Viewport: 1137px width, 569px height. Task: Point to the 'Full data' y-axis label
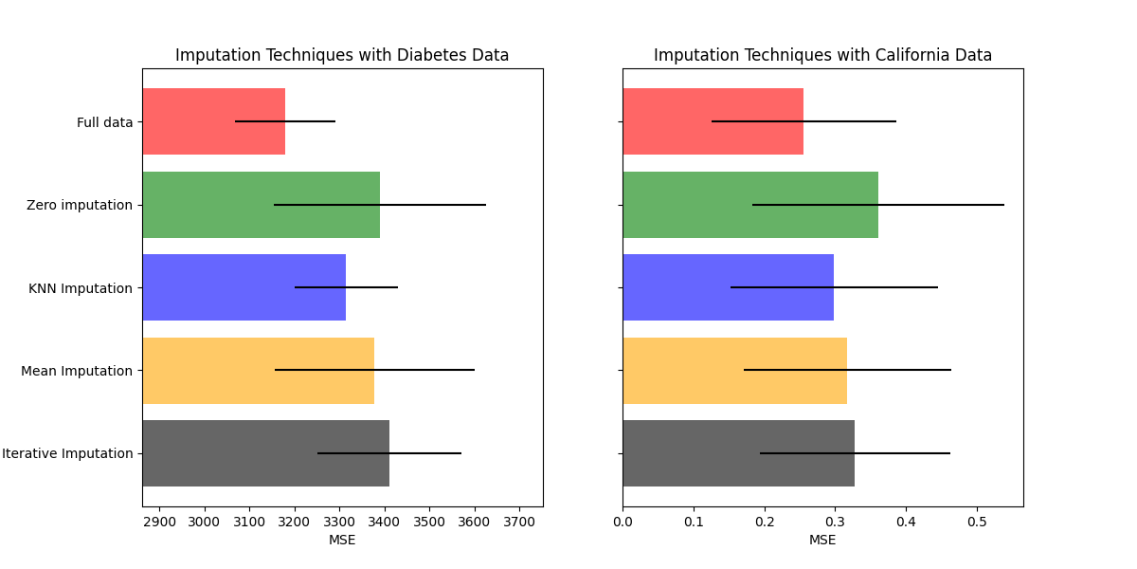pos(104,122)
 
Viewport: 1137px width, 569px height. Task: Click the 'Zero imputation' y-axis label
pos(80,205)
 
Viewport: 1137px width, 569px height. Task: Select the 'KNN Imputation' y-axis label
pos(81,288)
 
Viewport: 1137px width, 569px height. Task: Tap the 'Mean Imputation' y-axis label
pos(77,371)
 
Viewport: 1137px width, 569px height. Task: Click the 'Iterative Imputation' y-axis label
pos(67,453)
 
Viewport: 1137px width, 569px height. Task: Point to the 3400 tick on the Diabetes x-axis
pos(385,522)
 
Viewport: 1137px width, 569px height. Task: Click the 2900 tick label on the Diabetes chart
pos(159,522)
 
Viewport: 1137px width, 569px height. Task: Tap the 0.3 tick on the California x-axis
pos(835,522)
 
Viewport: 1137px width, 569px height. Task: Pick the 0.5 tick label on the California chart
pos(977,522)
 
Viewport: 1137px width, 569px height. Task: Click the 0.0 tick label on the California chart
pos(623,522)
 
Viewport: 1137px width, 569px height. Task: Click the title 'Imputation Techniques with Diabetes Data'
pos(342,55)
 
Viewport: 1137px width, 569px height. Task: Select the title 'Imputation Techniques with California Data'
pos(822,55)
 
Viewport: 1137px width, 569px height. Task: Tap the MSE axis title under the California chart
pos(822,540)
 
